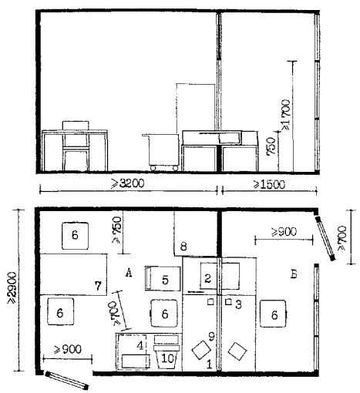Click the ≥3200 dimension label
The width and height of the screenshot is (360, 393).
point(127,183)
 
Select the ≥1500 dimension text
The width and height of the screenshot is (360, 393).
point(269,184)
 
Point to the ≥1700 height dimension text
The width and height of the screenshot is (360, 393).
point(287,115)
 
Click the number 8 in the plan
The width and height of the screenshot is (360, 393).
point(183,247)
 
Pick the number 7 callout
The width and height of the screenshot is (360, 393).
point(98,286)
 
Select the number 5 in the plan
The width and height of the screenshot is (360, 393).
point(165,280)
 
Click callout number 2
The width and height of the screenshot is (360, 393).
point(208,278)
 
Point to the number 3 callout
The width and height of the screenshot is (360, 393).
point(238,304)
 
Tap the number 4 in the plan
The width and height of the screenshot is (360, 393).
point(140,345)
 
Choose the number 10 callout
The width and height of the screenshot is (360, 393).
point(167,358)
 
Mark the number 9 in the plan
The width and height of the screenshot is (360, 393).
point(211,337)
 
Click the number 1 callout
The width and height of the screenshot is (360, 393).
point(210,364)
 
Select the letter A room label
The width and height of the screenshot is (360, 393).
point(129,273)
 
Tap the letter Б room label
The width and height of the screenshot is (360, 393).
point(294,274)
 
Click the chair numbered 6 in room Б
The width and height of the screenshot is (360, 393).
point(274,314)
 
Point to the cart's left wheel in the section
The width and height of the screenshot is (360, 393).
point(153,168)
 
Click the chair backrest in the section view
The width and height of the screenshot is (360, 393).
point(76,126)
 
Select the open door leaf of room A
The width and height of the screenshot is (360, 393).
point(67,380)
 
